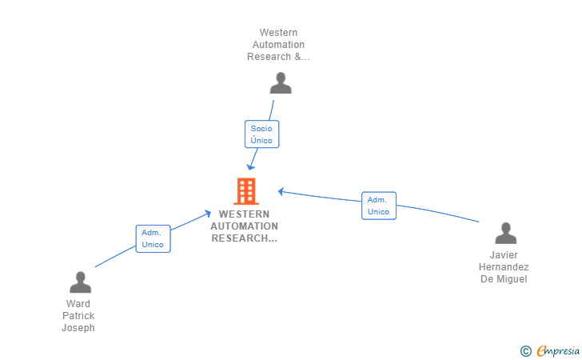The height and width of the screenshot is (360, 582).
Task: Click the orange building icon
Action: tap(246, 191)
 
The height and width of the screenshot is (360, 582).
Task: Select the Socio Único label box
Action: tap(261, 134)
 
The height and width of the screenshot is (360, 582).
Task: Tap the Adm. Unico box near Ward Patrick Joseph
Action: tap(153, 238)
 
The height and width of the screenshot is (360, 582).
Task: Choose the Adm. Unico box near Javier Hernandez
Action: tap(379, 206)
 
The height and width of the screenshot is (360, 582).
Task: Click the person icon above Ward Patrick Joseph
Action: tap(80, 282)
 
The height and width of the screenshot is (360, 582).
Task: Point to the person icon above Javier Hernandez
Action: tap(505, 233)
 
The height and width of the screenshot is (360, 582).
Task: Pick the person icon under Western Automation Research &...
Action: tap(281, 83)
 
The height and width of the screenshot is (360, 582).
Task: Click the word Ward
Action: tap(78, 303)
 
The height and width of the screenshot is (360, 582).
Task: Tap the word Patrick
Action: tap(78, 316)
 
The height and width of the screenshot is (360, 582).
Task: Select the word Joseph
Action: tap(78, 328)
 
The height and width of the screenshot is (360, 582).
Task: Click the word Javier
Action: tap(504, 255)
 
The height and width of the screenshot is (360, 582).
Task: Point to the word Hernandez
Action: tap(504, 266)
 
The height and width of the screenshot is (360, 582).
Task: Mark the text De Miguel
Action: tap(504, 279)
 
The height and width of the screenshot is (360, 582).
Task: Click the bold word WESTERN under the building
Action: tap(245, 214)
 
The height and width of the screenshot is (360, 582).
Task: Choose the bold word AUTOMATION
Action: tap(245, 226)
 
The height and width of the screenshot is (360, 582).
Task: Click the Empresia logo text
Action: tap(558, 350)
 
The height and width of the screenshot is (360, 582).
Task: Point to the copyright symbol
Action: tap(525, 351)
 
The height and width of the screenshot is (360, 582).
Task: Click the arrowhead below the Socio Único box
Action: tap(251, 166)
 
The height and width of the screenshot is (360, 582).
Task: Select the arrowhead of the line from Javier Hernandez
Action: tap(281, 192)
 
